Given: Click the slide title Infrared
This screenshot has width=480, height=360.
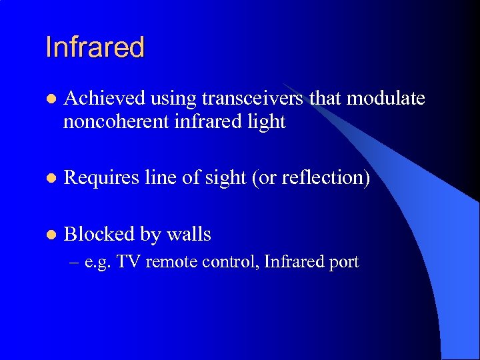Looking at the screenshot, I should [x=95, y=47].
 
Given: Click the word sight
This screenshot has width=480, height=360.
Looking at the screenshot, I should [x=225, y=178].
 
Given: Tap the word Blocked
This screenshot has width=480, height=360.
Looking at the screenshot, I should [x=98, y=234].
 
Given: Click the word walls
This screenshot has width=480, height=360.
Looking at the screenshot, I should [x=189, y=234].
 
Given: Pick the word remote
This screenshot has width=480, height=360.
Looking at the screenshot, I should [x=169, y=262].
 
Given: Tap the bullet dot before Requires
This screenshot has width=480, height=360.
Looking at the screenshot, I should [x=49, y=179].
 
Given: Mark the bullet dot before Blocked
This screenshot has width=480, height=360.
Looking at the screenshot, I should [x=49, y=235].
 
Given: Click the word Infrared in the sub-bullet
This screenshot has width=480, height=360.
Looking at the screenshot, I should [x=293, y=262].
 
